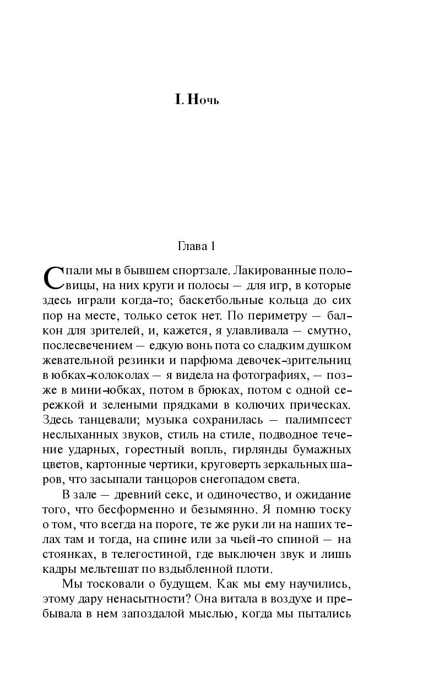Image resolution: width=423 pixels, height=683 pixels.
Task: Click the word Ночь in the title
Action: pyautogui.click(x=203, y=100)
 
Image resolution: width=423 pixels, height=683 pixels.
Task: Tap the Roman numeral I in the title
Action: pyautogui.click(x=178, y=100)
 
